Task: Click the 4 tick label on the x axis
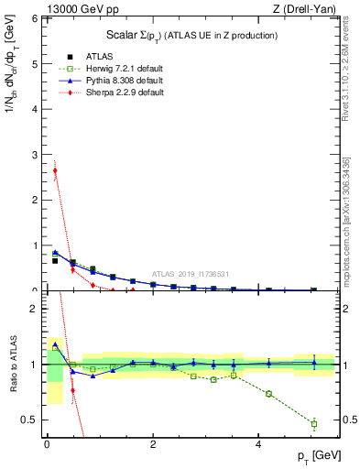tap(259, 444)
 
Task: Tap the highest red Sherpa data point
tap(55, 170)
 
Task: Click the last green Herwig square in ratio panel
tap(313, 423)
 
